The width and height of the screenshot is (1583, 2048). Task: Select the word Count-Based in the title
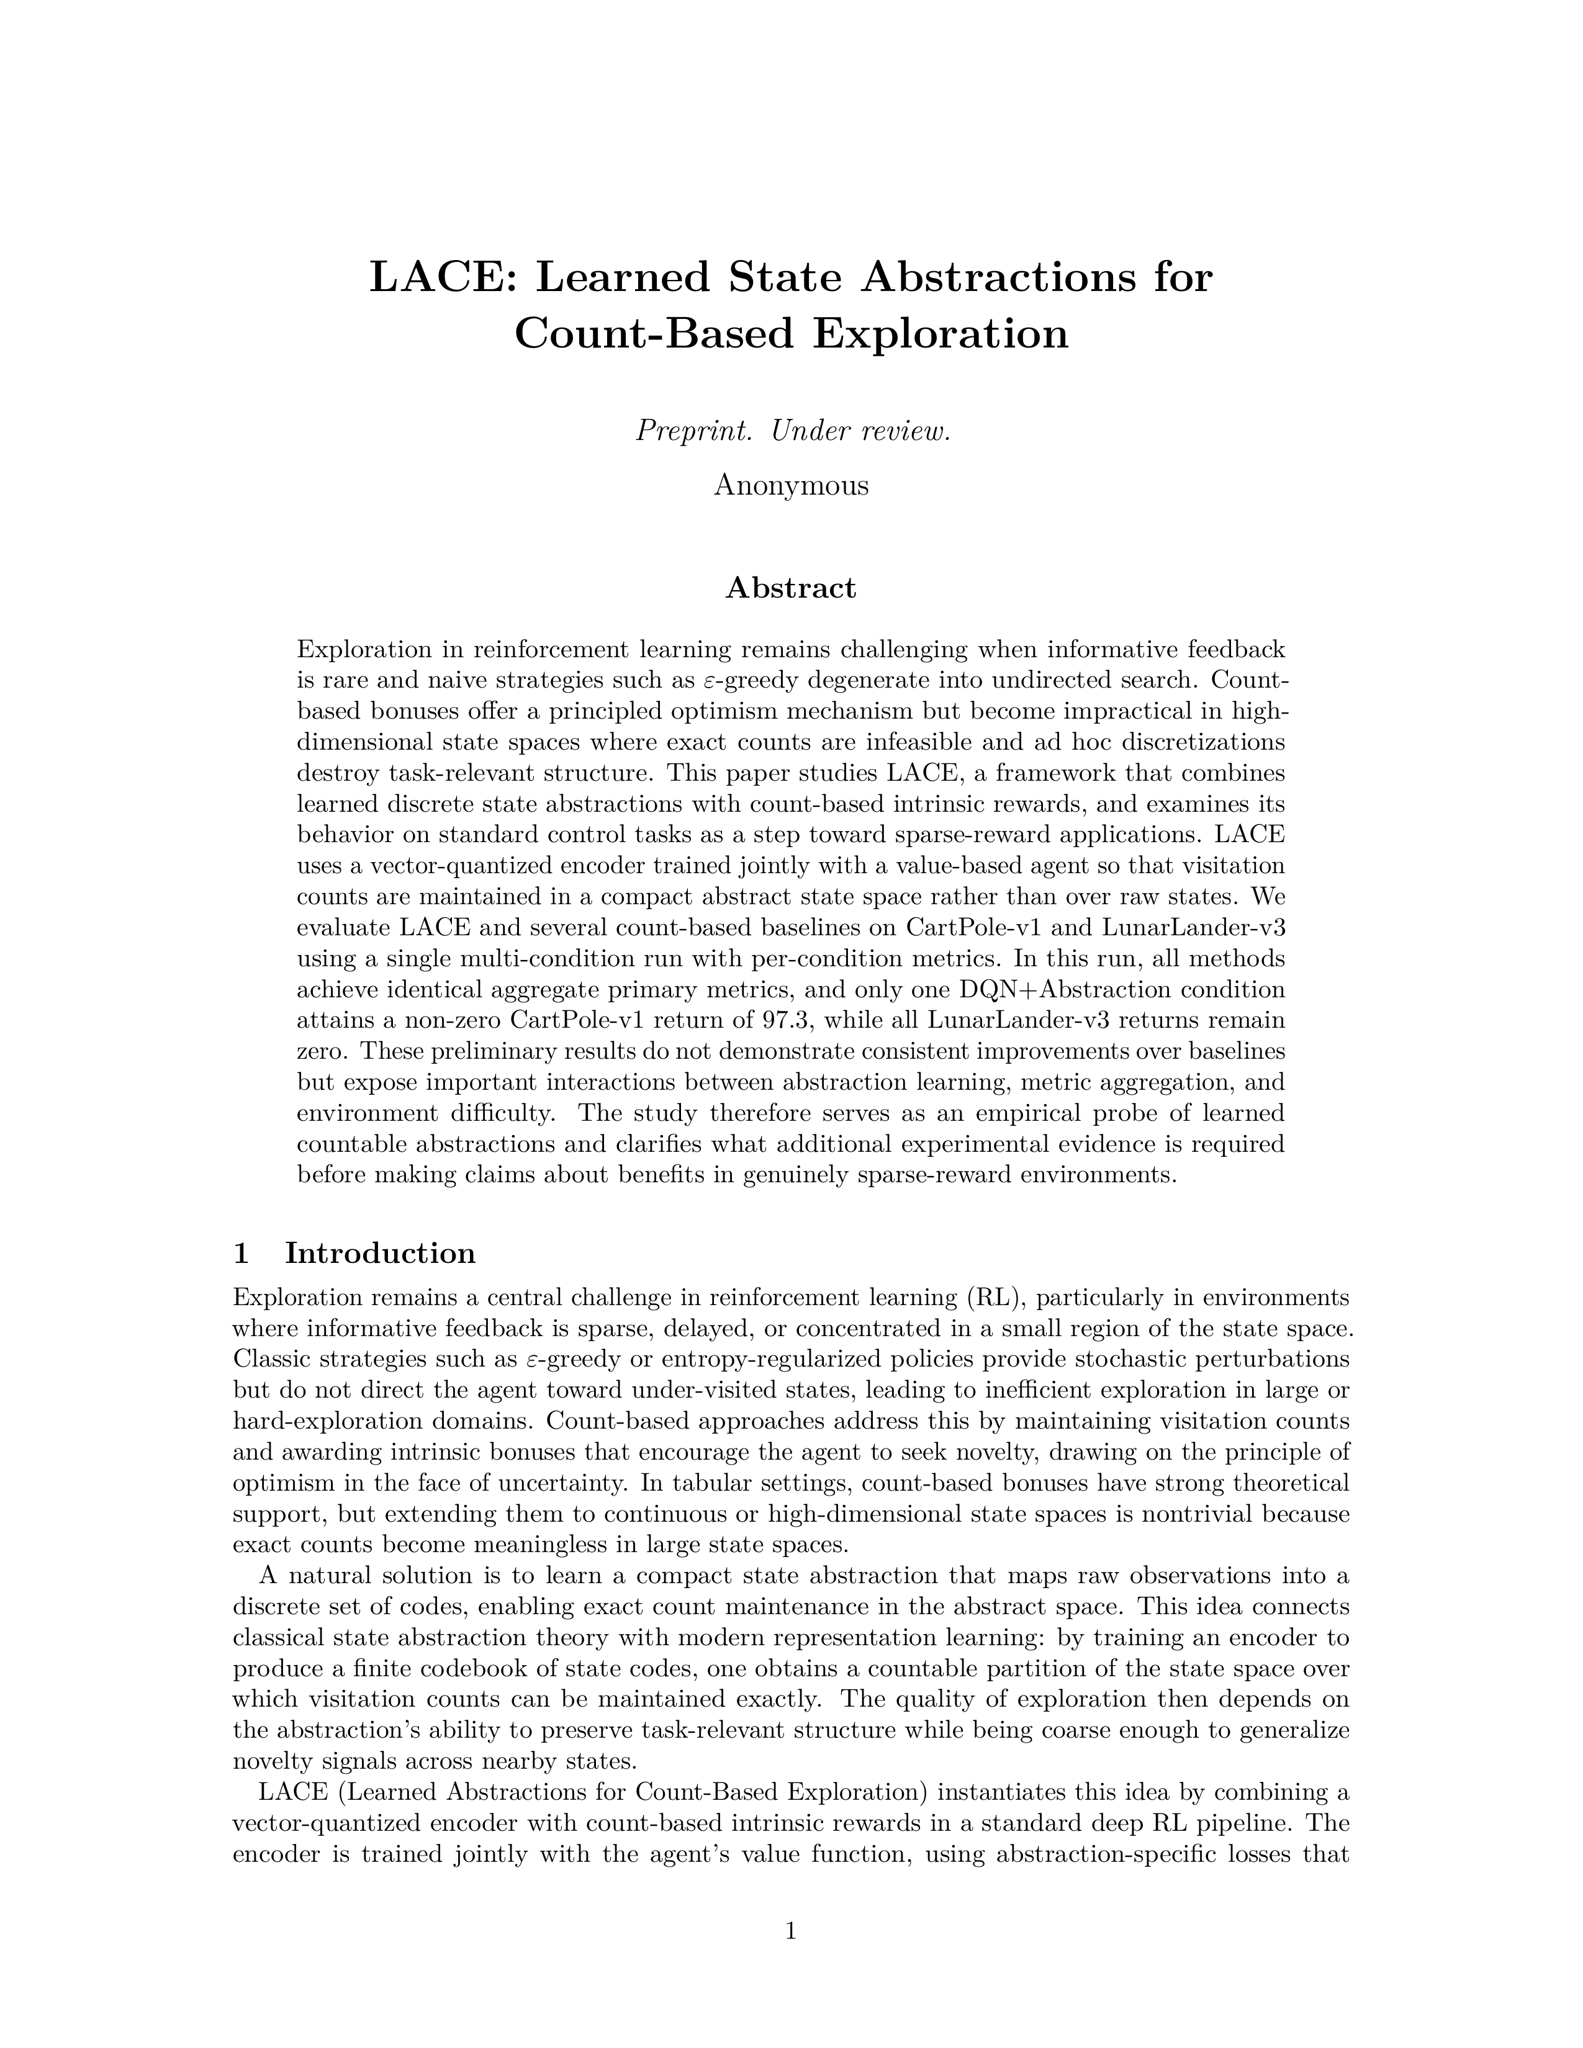(x=654, y=333)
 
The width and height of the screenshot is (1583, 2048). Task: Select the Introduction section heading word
(x=380, y=1253)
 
